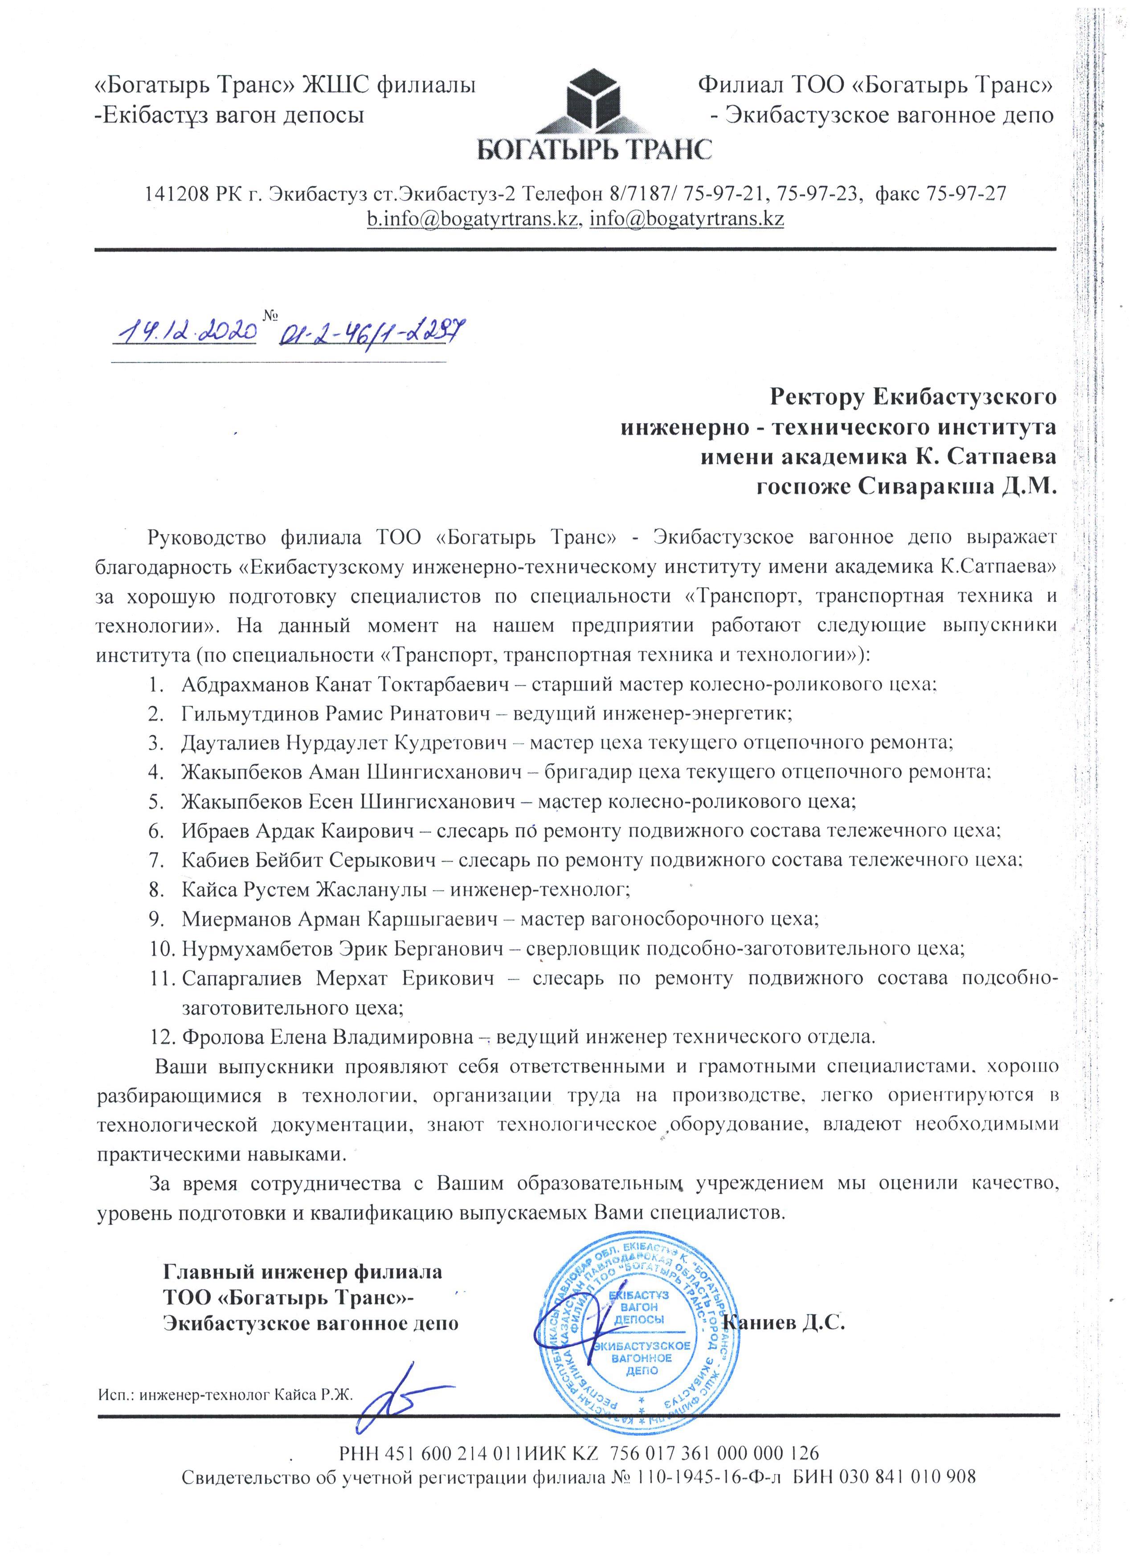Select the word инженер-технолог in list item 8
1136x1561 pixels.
[x=539, y=889]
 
